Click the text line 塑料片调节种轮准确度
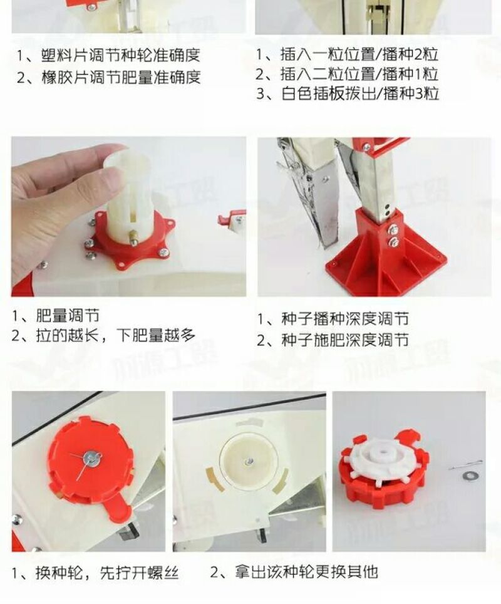[120, 55]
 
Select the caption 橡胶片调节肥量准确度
[121, 77]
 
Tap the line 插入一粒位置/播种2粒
[359, 55]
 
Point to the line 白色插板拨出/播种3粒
[360, 93]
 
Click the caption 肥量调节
[68, 316]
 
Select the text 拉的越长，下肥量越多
[115, 335]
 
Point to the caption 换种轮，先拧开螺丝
[107, 573]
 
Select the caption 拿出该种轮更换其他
[306, 572]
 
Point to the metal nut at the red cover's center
[93, 457]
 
